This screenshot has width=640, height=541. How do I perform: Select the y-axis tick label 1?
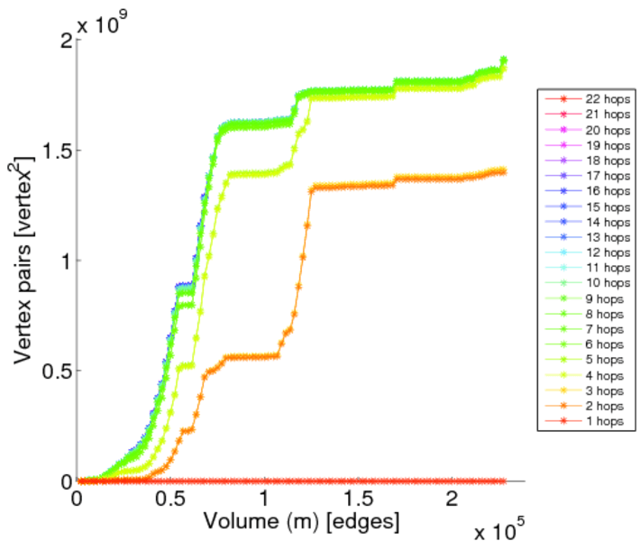click(x=65, y=261)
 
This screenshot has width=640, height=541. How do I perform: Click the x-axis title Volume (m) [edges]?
click(x=301, y=521)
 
